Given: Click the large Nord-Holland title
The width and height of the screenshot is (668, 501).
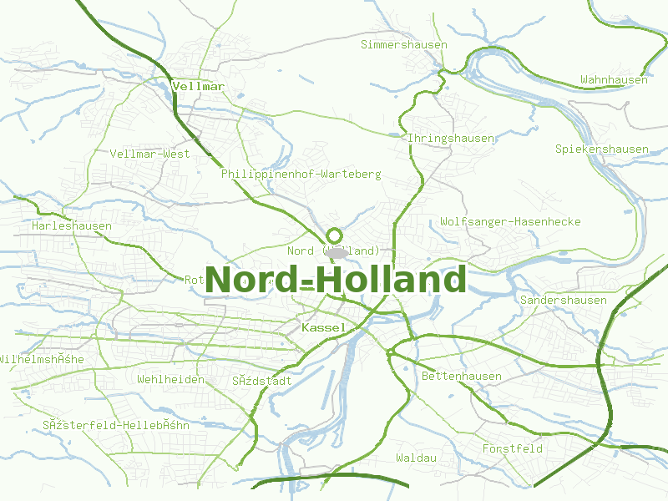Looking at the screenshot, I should [336, 280].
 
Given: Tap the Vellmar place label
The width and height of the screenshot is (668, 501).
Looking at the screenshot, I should [198, 85].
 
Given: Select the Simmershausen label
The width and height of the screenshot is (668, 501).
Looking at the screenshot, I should [404, 44].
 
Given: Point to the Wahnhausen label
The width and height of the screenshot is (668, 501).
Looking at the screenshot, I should [614, 79].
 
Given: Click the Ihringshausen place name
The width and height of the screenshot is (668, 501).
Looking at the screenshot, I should [450, 138].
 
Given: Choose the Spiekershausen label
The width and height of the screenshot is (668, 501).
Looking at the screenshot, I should [602, 149].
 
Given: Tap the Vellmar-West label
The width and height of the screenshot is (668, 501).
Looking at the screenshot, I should [150, 154].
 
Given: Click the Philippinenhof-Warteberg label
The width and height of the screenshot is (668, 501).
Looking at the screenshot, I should [301, 174].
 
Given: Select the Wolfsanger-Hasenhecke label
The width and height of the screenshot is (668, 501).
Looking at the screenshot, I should [510, 221].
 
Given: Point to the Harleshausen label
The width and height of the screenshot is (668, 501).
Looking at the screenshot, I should [72, 225].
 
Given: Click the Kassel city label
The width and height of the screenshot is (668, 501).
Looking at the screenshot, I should [323, 327].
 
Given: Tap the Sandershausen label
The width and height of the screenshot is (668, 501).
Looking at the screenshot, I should [563, 300].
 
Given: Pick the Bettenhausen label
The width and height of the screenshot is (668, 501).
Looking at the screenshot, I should [462, 376].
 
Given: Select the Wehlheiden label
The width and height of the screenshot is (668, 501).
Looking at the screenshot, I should [171, 379].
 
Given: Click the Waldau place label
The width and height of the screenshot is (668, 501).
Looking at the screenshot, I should [417, 458].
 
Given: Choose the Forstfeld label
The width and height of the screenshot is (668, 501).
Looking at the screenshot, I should [513, 448].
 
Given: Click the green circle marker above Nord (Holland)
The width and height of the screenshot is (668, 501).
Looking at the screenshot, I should [335, 235].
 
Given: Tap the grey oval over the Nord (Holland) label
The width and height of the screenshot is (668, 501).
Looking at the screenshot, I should [337, 252].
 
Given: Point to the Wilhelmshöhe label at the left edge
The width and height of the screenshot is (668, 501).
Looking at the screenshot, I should [42, 359].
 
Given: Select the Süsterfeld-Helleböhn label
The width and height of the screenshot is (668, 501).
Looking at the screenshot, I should [116, 424].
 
